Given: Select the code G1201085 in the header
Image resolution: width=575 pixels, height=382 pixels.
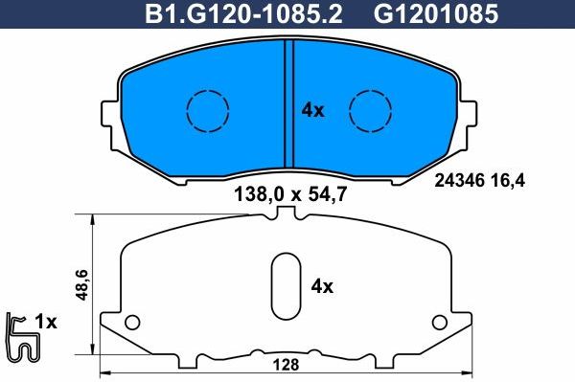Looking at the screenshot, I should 421,13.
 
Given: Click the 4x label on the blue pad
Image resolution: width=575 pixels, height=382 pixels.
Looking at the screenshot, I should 313,110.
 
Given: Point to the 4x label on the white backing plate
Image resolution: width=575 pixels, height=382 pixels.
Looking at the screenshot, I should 322,286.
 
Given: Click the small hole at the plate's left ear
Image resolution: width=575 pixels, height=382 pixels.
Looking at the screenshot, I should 133,321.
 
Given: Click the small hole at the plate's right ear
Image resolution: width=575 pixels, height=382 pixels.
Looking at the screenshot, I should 440,321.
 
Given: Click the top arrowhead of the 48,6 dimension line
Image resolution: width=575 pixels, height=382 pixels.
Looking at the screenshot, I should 92,219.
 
